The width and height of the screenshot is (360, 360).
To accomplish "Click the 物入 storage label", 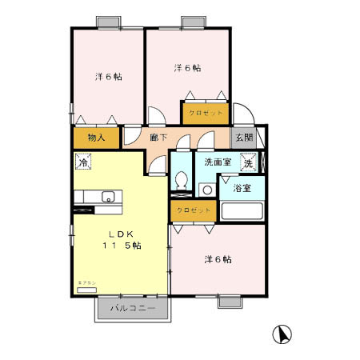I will pos(95,138).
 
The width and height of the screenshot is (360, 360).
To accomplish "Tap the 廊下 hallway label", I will pos(158,138).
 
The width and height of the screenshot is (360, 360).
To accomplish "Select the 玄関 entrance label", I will pos(243,137).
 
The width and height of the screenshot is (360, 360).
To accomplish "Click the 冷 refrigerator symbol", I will pos(82,162).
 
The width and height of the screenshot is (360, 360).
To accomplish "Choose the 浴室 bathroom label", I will pos(242,189).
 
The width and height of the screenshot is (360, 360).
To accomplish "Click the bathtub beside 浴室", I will pos(242,213).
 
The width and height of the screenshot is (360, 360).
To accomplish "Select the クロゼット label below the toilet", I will pos(193,210).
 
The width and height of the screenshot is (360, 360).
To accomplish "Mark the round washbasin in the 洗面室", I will pos(206,190).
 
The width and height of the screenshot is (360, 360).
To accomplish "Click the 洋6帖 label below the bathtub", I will pos(218,259).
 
